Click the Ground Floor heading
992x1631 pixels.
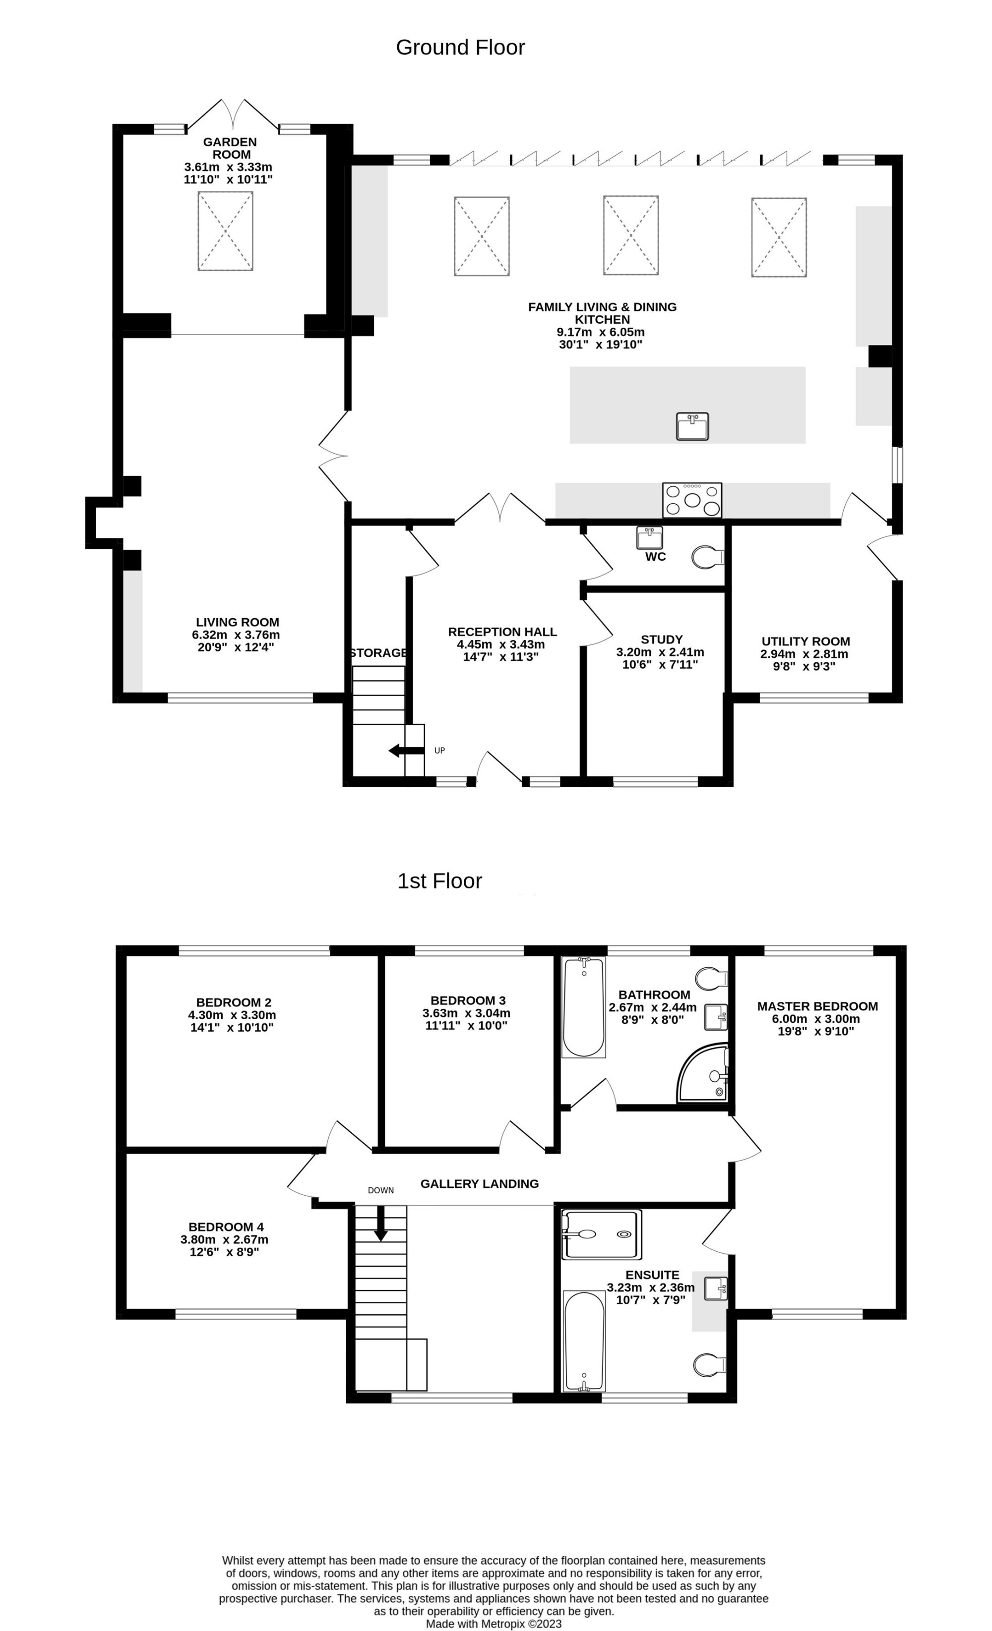pos(460,48)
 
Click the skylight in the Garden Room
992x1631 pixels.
pos(225,231)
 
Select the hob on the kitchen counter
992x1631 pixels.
pos(692,500)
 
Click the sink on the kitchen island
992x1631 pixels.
pos(692,426)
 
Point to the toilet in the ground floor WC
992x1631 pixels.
pos(707,557)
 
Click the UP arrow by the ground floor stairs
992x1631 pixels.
pos(406,750)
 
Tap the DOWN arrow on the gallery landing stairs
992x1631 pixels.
pos(381,1224)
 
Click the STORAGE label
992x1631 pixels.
pos(378,653)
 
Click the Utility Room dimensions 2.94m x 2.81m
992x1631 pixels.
pos(804,654)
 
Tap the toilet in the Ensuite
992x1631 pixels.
pos(709,1364)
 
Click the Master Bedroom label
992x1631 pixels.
pos(817,1007)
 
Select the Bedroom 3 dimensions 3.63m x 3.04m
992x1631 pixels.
pos(466,1013)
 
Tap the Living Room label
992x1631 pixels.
pos(237,622)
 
